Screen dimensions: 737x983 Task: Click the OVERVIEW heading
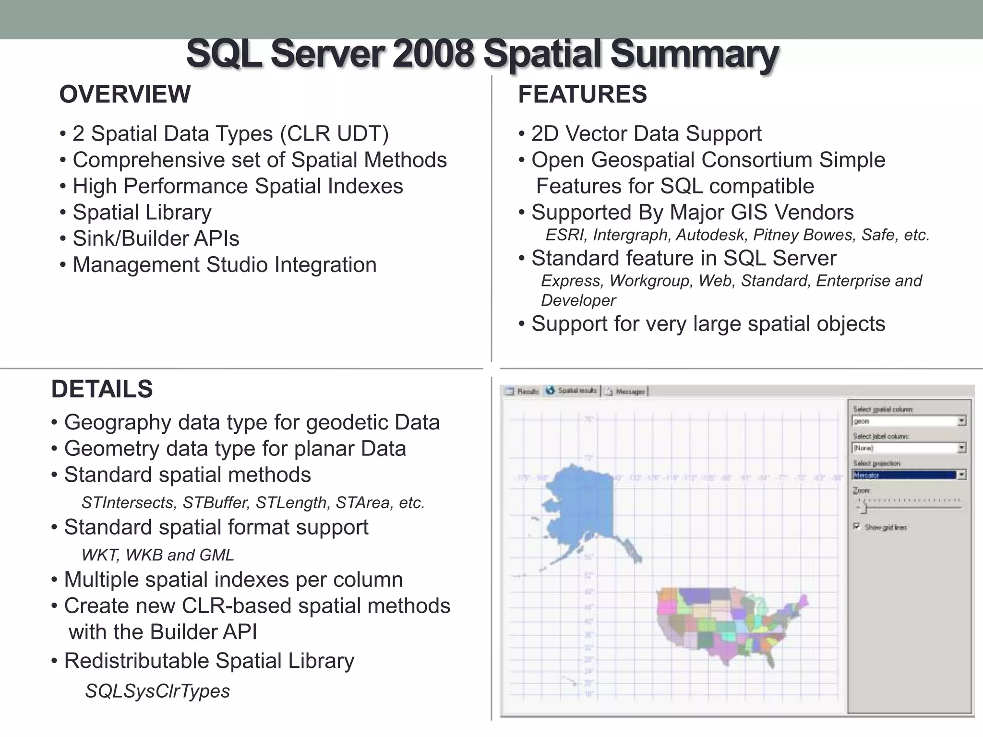[125, 94]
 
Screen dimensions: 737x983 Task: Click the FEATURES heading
[582, 94]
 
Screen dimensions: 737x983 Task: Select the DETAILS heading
[102, 389]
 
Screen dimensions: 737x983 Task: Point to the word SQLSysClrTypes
[157, 691]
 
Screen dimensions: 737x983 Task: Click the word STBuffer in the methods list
[216, 502]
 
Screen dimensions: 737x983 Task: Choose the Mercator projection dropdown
[909, 475]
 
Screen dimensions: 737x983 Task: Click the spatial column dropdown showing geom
[909, 421]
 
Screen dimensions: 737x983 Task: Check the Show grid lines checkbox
[857, 526]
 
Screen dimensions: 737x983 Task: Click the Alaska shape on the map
[581, 509]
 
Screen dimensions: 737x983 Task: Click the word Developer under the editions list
[578, 300]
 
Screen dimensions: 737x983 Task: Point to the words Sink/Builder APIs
[156, 238]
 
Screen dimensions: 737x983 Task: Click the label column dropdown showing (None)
[909, 448]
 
